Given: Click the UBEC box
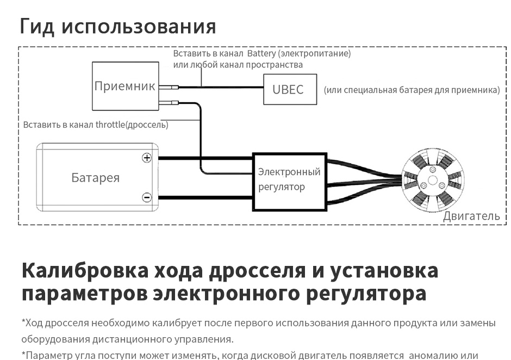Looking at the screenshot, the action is coord(290,89).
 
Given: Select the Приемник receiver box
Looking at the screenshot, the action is coord(126,86).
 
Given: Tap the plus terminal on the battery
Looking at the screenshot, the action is coord(147,158).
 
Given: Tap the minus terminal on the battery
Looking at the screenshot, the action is coord(147,197).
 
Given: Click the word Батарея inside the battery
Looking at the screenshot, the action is coord(96,178).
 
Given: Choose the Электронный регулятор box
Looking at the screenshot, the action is coord(289,182).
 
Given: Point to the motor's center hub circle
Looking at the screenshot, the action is coord(433,181).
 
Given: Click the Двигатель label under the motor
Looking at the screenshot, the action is coord(471,216).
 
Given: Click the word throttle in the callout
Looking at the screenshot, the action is coord(110,125).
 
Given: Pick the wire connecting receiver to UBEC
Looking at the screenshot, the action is coord(221,88).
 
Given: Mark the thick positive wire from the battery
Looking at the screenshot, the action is coord(205,158).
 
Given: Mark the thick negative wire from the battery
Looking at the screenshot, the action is coord(205,197).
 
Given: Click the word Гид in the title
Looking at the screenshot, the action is coord(37,26).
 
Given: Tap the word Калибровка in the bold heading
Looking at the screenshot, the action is coord(85,270).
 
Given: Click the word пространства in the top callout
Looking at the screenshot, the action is coord(274,65).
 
